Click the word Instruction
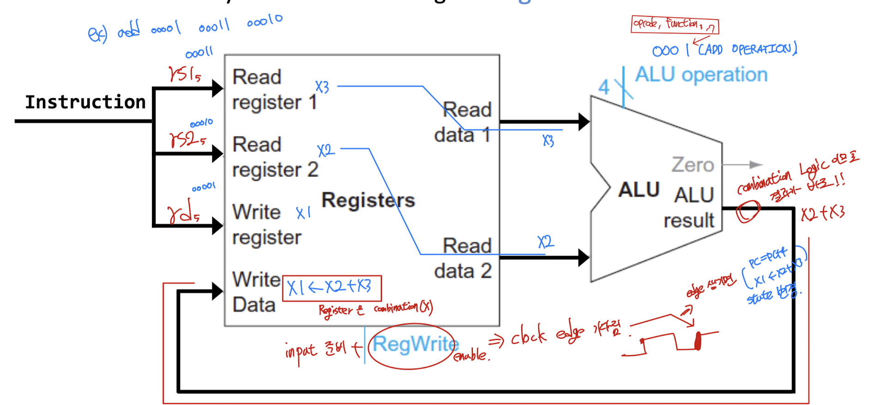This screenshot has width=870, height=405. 85,102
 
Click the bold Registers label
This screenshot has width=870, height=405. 368,200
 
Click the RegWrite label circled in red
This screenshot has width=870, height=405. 415,344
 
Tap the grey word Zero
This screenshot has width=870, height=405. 692,165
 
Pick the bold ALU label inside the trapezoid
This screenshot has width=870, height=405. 639,190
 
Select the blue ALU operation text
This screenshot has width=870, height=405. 701,75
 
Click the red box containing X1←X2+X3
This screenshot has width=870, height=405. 332,288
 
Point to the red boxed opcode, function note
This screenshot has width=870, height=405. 674,25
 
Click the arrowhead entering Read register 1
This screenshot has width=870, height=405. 217,88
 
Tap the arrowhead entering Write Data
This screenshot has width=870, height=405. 217,291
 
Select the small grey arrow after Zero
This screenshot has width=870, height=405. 755,165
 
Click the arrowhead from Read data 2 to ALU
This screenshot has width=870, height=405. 584,258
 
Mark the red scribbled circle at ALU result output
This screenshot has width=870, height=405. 747,212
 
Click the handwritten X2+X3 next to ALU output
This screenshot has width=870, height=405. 822,213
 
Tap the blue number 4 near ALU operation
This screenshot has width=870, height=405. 604,87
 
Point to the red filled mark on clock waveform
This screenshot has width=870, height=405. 698,341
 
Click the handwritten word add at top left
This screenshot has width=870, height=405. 128,31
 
